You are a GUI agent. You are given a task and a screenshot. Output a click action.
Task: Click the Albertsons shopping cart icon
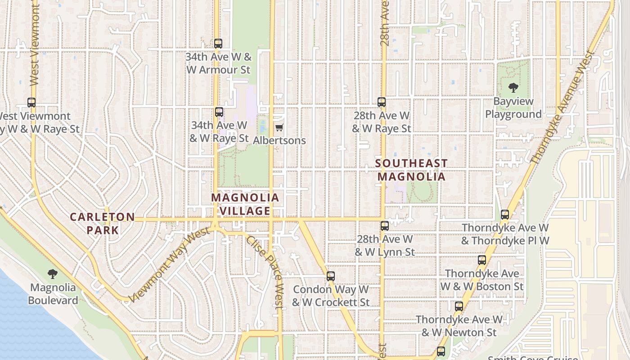279,127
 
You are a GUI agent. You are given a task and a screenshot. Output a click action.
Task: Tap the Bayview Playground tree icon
513,88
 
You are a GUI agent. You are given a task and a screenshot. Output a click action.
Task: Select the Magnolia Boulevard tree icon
53,274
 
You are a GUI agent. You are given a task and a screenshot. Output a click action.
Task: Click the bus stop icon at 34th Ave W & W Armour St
218,44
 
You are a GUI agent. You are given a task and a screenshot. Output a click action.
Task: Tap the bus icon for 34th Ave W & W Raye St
219,112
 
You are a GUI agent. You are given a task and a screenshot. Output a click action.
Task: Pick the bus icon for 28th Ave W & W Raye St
382,102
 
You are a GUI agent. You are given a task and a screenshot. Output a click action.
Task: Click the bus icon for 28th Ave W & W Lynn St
384,226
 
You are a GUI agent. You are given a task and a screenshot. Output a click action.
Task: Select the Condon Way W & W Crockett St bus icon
331,276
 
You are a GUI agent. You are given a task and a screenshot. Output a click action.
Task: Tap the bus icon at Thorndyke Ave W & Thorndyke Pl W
505,215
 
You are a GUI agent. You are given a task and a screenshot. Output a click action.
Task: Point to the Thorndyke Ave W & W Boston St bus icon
482,260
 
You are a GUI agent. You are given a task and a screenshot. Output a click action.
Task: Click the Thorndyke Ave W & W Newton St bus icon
459,306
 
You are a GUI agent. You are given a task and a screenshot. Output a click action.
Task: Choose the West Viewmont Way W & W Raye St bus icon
31,103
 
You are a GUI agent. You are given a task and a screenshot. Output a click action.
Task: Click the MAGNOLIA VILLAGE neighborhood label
245,204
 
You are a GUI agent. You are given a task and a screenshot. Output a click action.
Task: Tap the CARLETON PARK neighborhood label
102,224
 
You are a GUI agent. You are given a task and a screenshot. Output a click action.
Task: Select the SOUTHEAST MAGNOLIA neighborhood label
411,170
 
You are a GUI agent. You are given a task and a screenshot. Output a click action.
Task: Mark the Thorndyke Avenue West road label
562,108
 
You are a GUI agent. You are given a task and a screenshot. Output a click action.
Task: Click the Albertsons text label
279,140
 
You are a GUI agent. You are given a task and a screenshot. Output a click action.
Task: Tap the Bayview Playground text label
513,108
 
